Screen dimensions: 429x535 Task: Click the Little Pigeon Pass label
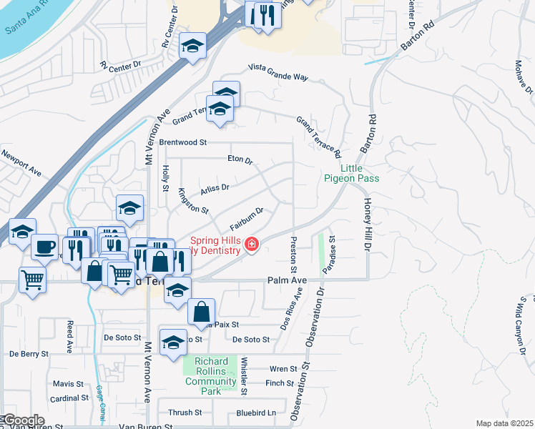(x=351, y=172)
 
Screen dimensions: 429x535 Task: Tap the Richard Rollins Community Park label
(x=210, y=372)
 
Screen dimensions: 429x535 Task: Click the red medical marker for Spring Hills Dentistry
(x=251, y=245)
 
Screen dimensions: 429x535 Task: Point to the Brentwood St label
(x=182, y=142)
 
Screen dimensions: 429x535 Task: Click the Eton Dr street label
(x=240, y=160)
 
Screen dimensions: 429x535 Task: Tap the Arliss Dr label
(x=215, y=187)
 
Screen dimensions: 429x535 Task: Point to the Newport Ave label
(x=21, y=163)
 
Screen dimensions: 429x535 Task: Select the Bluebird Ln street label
(x=256, y=413)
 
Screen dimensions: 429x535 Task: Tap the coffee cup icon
(x=45, y=247)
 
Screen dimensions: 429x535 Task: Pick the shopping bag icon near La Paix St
(x=202, y=311)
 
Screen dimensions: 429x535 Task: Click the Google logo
(x=23, y=420)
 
